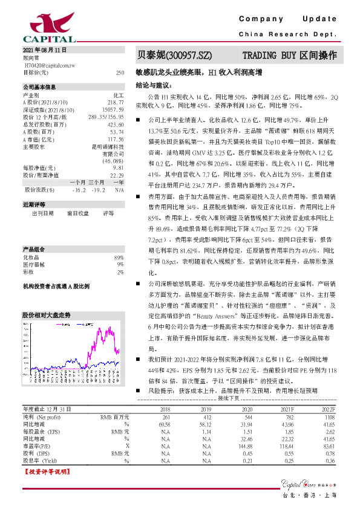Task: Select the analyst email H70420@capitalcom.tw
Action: [x=48, y=63]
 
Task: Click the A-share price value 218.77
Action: [x=116, y=102]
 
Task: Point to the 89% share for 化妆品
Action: [x=119, y=258]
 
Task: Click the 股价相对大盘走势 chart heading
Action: [x=47, y=316]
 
